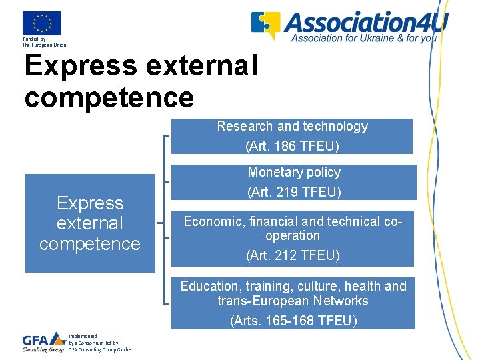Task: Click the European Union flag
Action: (x=41, y=23)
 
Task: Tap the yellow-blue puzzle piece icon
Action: (x=265, y=25)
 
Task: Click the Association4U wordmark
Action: (x=366, y=21)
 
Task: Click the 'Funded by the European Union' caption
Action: (x=44, y=42)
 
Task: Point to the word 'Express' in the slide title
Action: (x=79, y=66)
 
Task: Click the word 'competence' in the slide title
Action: (x=109, y=97)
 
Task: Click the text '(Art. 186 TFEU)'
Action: (x=292, y=146)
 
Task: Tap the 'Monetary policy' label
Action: (x=294, y=173)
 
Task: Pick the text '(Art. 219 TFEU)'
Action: (x=294, y=193)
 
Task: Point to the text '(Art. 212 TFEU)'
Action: (x=293, y=255)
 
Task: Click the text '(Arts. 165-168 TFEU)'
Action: (x=293, y=321)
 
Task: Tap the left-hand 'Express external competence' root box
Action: (x=90, y=223)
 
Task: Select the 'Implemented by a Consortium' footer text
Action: (x=100, y=343)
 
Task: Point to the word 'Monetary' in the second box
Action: (x=272, y=173)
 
